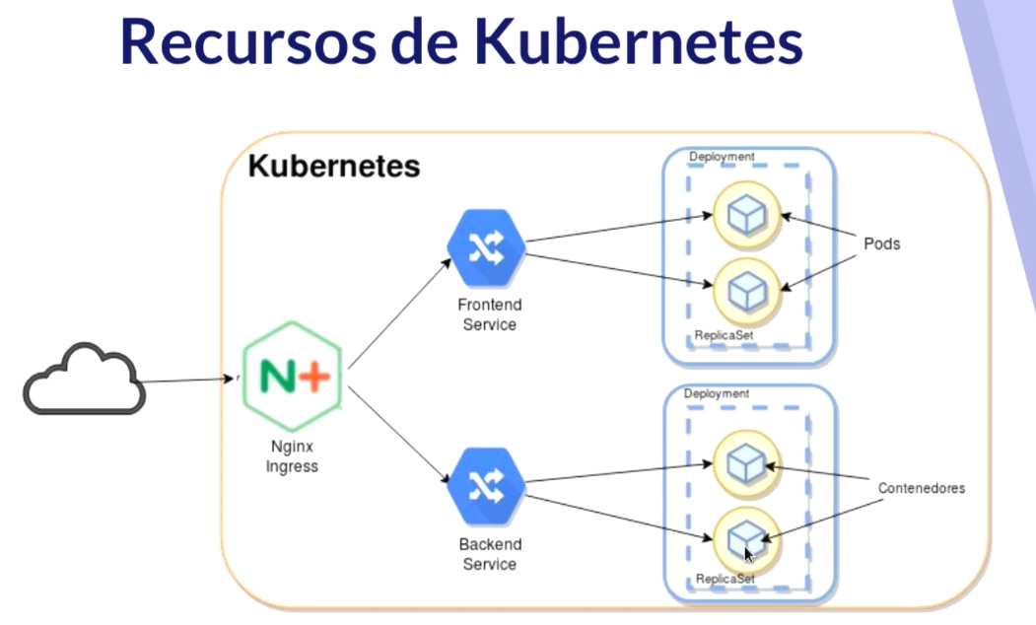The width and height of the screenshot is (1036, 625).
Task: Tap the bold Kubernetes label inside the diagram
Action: coord(333,167)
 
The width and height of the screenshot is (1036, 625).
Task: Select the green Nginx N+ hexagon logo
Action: coord(293,376)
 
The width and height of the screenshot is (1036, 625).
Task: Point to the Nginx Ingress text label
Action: coord(292,456)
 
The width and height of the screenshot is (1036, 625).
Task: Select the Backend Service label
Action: coord(489,554)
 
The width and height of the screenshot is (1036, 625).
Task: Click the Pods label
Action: coord(881,243)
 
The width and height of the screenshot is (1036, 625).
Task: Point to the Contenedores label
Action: coord(921,488)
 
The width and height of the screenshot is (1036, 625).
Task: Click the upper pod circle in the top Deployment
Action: coord(745,215)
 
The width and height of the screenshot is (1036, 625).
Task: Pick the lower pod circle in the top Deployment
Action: coord(745,288)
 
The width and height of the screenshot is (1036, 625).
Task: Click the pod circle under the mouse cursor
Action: coord(745,537)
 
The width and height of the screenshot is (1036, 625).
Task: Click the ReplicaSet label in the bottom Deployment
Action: coord(725,579)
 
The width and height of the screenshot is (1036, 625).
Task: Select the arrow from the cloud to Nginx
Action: coord(187,381)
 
